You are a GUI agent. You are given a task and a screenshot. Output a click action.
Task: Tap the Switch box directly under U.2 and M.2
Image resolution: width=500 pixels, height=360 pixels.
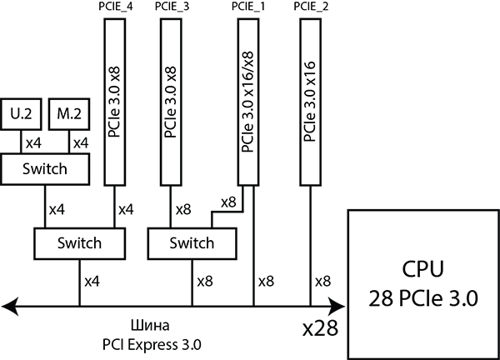45,169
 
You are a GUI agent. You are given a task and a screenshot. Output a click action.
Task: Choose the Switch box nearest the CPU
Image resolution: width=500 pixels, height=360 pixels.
192,243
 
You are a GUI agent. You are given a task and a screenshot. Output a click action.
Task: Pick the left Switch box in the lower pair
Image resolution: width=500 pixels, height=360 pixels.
80,243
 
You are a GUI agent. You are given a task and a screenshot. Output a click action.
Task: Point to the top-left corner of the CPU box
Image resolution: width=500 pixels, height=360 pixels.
350,213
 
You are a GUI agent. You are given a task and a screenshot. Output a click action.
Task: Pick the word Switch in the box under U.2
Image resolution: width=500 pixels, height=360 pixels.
45,169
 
